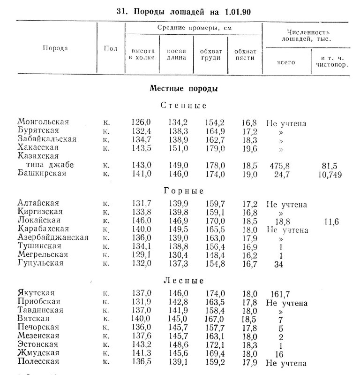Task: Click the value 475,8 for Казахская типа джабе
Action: (x=280, y=165)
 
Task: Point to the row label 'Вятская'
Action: (x=35, y=319)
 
